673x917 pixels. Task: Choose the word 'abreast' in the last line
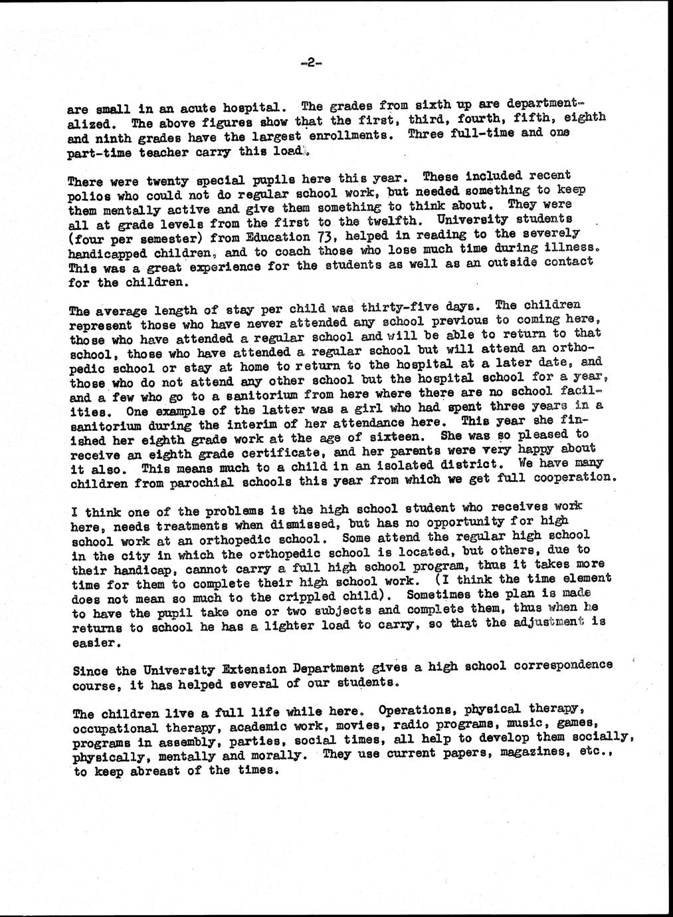pyautogui.click(x=158, y=771)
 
